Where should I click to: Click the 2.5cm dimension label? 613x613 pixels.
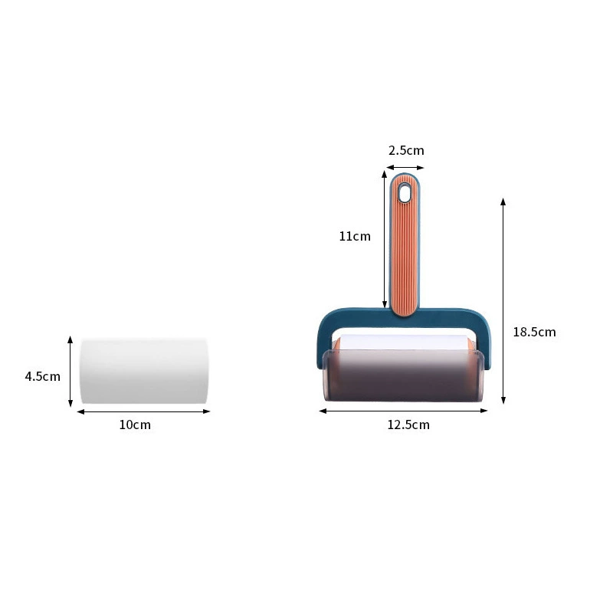point(406,150)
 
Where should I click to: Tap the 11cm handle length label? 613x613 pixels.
point(355,236)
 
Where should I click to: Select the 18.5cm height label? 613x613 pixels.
point(534,332)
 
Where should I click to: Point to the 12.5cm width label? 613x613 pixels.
point(408,425)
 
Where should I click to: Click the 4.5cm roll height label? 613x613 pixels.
point(43,376)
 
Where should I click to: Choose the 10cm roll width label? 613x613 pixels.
point(135,425)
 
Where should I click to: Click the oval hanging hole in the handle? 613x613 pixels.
point(405,193)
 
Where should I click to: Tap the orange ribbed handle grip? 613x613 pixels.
point(405,245)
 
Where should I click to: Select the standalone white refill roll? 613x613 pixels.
point(144,372)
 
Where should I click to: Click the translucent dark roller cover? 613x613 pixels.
point(403,375)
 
